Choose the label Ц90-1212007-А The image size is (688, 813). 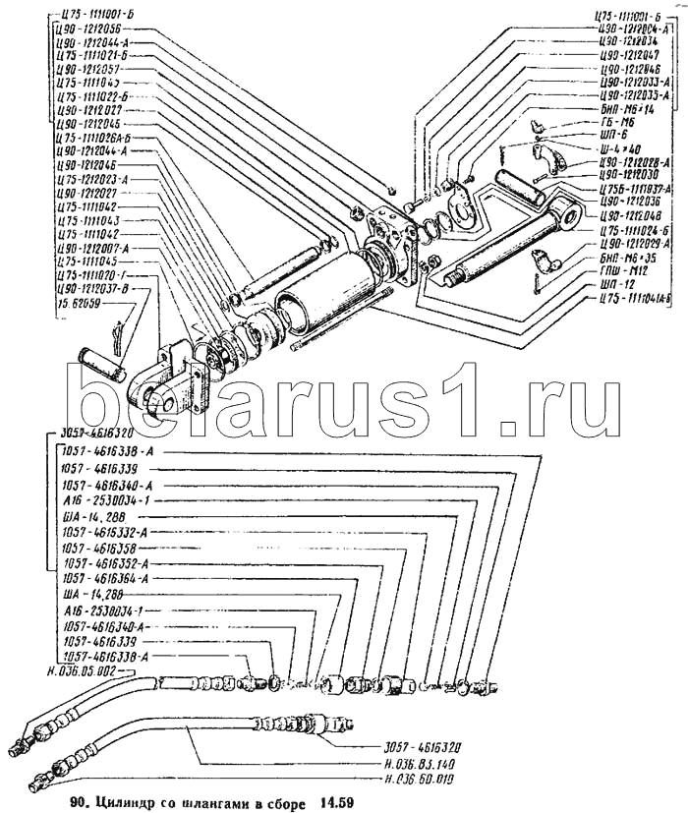tap(92, 250)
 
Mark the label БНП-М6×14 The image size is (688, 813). tap(629, 110)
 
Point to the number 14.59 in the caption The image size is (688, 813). tap(329, 802)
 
